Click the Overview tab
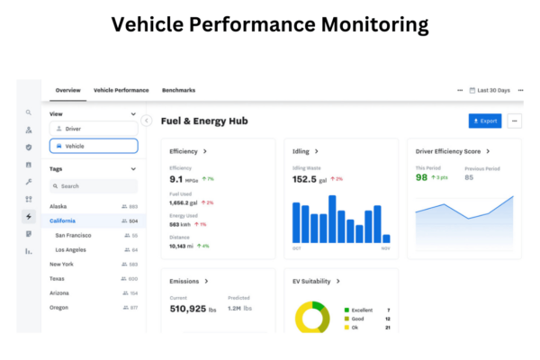coord(67,90)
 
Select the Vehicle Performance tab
coord(121,90)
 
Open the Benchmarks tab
coord(178,90)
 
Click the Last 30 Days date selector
coord(493,90)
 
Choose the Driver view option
coord(94,129)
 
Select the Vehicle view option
coord(94,146)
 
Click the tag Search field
coord(94,186)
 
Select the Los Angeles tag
coord(71,249)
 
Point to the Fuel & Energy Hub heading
coord(203,121)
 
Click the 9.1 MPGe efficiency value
coord(184,178)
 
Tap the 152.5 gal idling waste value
coord(311,179)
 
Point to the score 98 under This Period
coord(421,177)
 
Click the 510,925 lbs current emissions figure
coord(201,309)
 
